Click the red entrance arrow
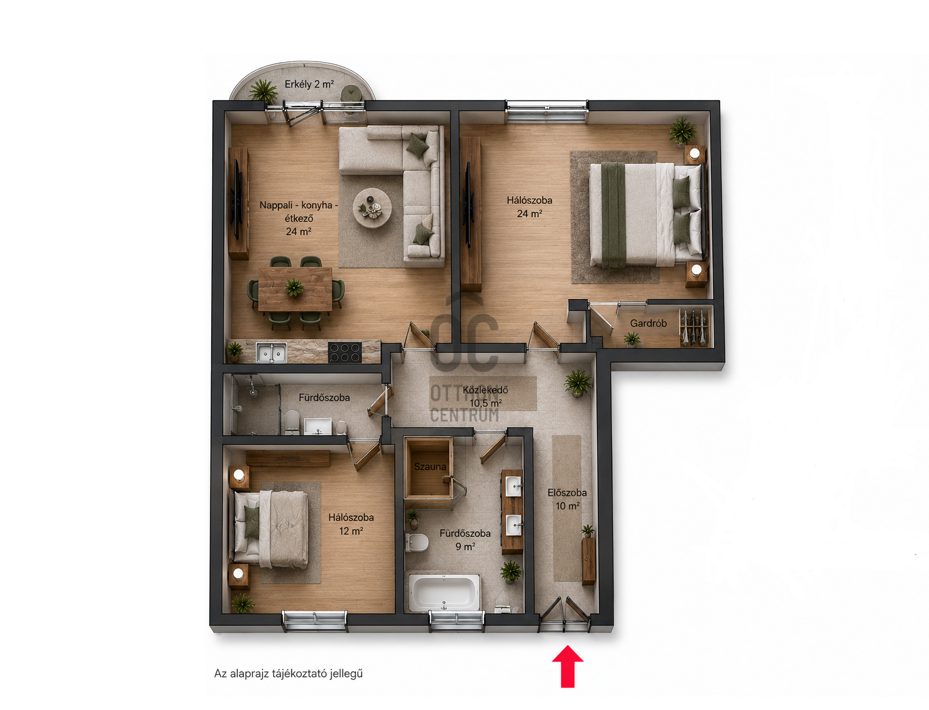[567, 667]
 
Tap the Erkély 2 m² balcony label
[309, 84]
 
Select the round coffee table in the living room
[372, 208]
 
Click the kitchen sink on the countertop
[272, 352]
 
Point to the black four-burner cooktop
[345, 352]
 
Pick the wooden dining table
[295, 289]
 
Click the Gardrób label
[648, 323]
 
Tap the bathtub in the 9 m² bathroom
[444, 592]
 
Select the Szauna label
[430, 467]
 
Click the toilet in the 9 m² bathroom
[417, 542]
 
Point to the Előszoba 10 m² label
[567, 499]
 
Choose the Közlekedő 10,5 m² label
[485, 396]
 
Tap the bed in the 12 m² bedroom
[271, 529]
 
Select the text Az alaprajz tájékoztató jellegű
[289, 673]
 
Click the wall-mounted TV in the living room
[237, 199]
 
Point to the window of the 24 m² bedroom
[546, 112]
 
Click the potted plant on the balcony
[263, 90]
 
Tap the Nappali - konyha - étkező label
[298, 218]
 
